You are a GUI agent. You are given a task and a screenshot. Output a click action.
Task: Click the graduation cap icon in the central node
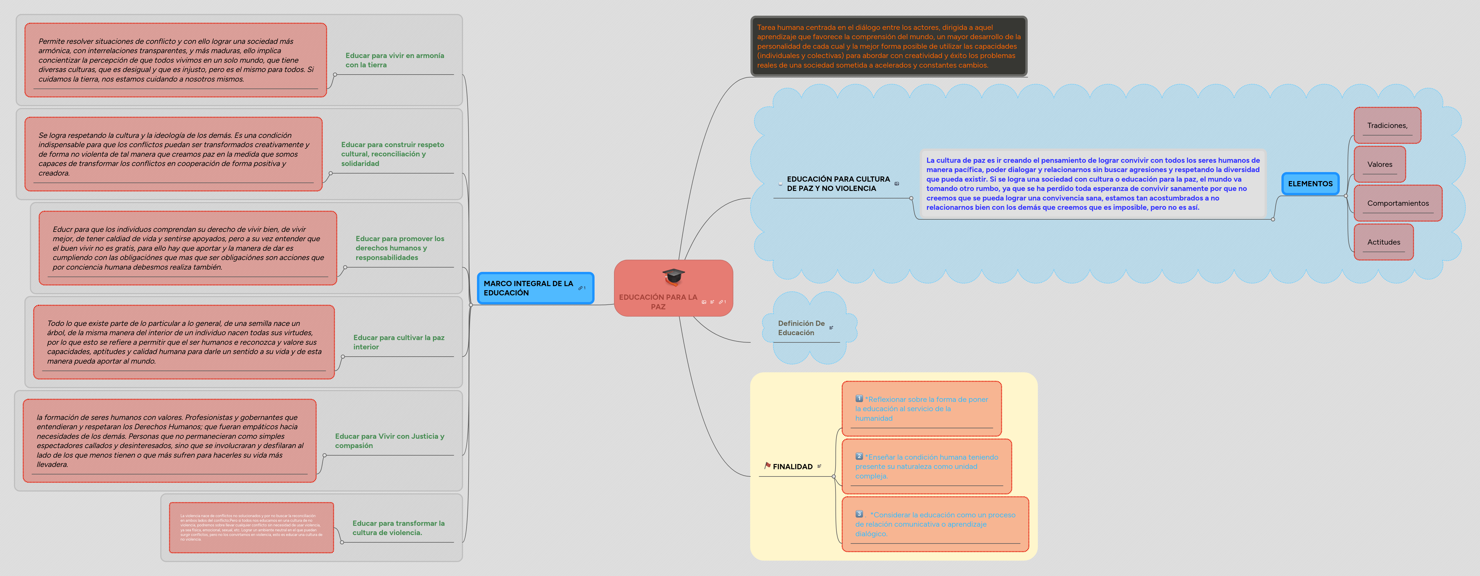click(x=673, y=277)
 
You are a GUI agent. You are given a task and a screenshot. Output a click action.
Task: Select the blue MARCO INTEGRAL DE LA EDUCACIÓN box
click(x=534, y=288)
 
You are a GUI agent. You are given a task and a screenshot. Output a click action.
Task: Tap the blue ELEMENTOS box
click(x=1310, y=184)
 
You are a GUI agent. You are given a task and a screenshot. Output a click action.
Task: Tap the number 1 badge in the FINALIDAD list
click(x=859, y=398)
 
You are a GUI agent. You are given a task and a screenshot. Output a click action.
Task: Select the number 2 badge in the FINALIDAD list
click(x=859, y=456)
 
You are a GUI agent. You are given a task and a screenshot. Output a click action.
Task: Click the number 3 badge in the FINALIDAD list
click(x=859, y=514)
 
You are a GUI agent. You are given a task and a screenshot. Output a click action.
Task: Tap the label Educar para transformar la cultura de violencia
click(x=398, y=528)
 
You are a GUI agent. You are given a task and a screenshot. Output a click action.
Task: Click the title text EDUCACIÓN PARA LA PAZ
click(x=658, y=301)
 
